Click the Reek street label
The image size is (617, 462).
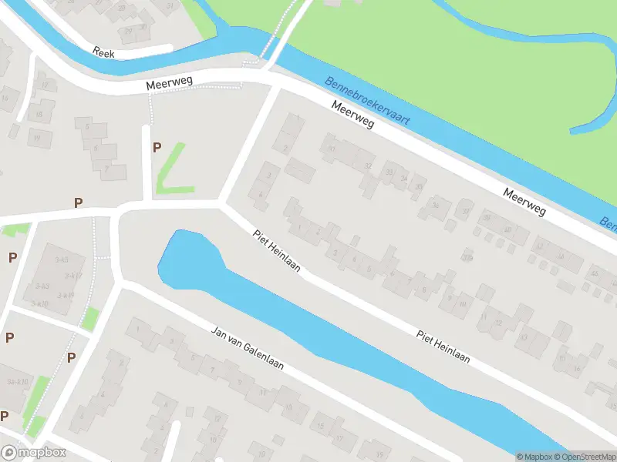(x=103, y=52)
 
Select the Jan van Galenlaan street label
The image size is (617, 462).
(x=248, y=349)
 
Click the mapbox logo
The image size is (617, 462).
(x=33, y=453)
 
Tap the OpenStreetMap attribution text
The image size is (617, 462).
(x=584, y=457)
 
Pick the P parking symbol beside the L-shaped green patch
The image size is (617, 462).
(x=157, y=147)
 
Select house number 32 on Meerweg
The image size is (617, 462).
(x=369, y=166)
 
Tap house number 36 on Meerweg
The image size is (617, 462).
(x=437, y=204)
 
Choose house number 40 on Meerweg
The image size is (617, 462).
(x=593, y=273)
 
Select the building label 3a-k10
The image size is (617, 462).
(x=40, y=304)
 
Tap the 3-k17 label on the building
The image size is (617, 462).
(x=73, y=275)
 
